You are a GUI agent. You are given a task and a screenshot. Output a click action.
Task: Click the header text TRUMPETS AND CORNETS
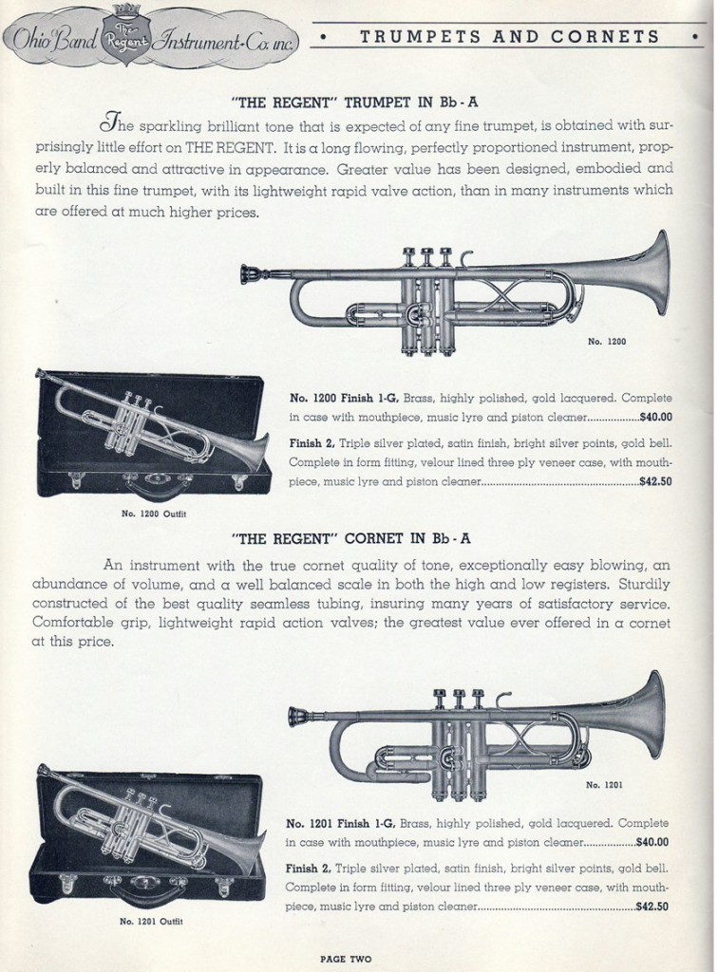click(511, 37)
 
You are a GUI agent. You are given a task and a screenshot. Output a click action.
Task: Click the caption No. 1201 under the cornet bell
click(605, 784)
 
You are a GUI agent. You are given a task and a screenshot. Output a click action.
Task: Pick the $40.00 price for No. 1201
click(651, 841)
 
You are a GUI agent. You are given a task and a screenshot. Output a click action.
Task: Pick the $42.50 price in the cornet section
click(651, 907)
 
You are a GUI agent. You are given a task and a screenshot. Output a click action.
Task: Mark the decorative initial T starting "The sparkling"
click(112, 123)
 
